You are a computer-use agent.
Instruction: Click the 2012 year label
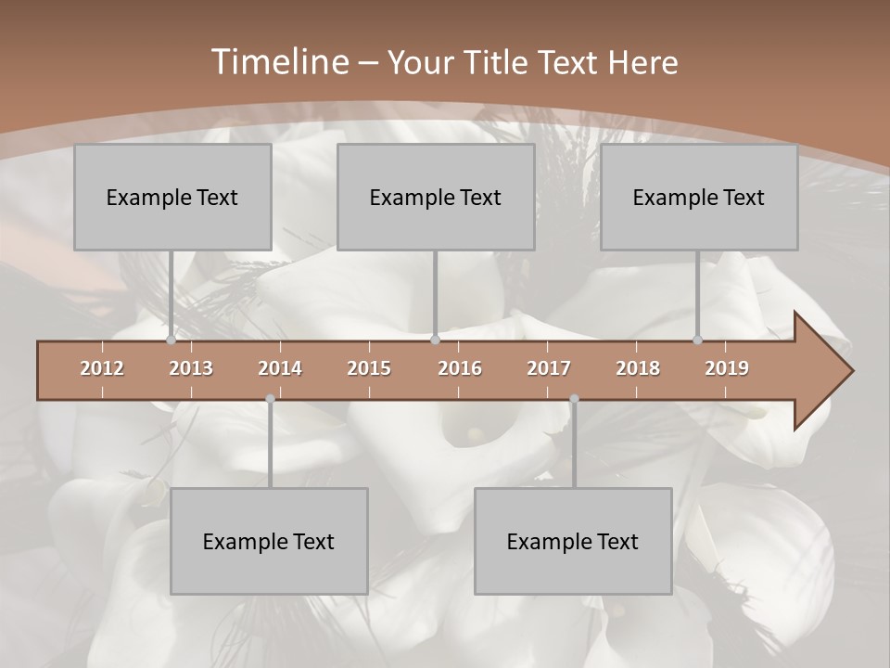point(102,368)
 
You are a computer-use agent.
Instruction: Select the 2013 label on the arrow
point(191,368)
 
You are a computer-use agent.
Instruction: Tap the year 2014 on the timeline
point(280,368)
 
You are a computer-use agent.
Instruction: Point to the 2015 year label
point(369,368)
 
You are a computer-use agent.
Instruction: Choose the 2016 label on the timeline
point(460,368)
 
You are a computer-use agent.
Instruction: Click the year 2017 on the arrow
point(549,368)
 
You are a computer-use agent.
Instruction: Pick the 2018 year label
point(638,368)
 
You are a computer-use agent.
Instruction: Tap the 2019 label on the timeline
point(727,368)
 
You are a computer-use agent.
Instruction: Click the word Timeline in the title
point(279,62)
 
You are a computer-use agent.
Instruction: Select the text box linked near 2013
point(172,197)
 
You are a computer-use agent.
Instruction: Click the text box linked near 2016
point(436,197)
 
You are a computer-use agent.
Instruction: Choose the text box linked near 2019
point(699,197)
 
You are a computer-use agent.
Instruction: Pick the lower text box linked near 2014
point(269,541)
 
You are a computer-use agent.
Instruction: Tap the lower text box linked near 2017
point(573,541)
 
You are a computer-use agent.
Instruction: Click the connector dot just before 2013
point(172,340)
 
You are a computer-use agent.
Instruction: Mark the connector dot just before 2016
point(435,340)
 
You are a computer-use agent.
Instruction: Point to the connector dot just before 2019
point(698,340)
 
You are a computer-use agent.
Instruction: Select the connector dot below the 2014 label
point(270,399)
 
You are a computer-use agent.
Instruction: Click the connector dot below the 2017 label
point(574,399)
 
